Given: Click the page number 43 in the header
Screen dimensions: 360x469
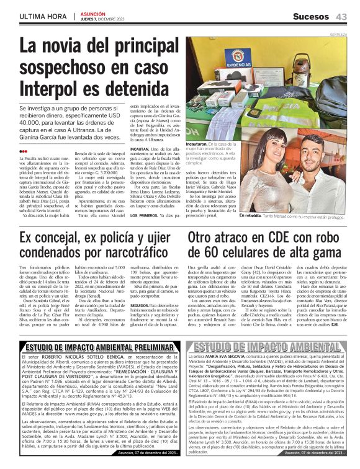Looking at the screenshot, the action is pos(341,16).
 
